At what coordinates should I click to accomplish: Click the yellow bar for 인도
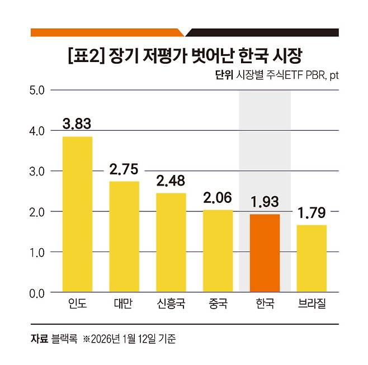click(x=77, y=214)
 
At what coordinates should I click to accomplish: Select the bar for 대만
click(x=124, y=236)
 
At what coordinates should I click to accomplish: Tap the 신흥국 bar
click(x=171, y=242)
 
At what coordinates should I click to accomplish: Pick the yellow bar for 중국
click(x=218, y=250)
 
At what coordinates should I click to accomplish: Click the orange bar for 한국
click(x=265, y=253)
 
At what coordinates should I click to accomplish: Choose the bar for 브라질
click(x=312, y=258)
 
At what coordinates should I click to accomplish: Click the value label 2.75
click(x=124, y=168)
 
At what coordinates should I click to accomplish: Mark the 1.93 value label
click(x=265, y=201)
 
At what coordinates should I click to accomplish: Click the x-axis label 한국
click(x=265, y=306)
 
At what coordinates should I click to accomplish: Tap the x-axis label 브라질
click(x=312, y=306)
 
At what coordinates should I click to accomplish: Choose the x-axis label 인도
click(x=77, y=306)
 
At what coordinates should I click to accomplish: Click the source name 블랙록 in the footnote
click(x=64, y=339)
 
